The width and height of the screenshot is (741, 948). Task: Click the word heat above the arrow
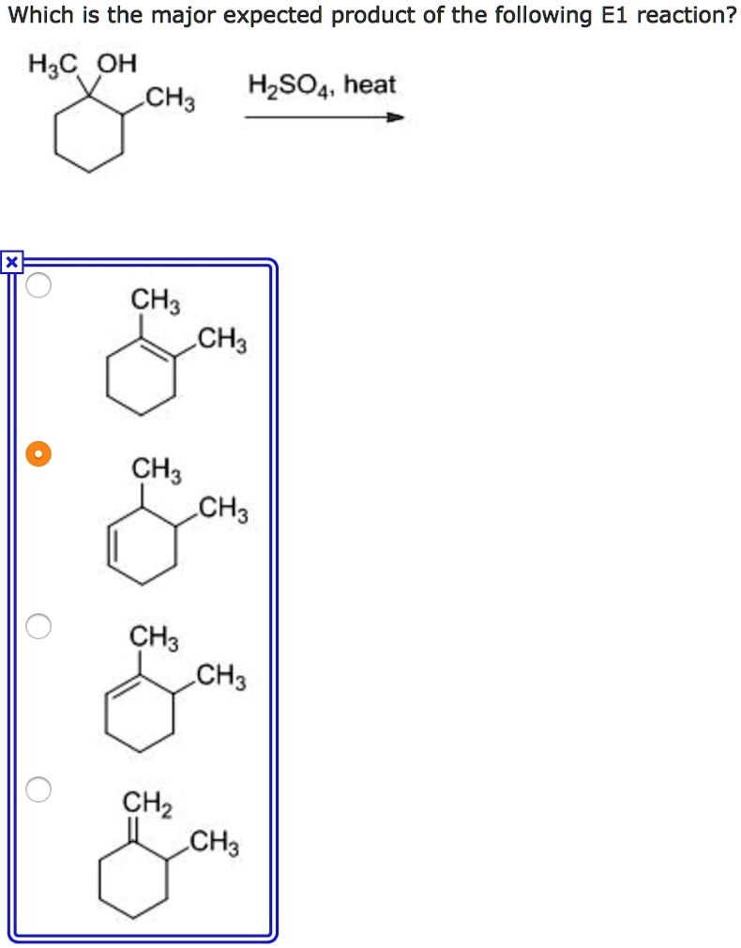(370, 85)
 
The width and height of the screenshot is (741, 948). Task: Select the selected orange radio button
(38, 454)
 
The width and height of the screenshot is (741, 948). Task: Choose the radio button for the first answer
(38, 285)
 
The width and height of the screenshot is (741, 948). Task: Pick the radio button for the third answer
(38, 626)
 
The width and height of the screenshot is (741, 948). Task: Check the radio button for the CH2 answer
(38, 789)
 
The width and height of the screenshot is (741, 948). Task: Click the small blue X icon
(10, 263)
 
